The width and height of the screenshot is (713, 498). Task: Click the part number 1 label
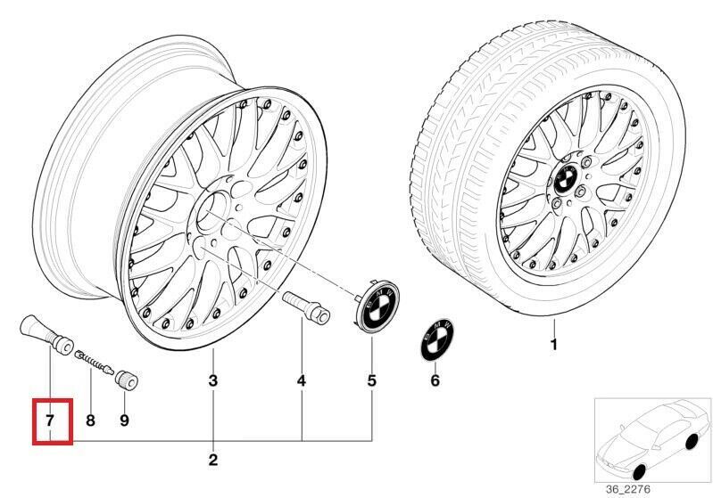(553, 345)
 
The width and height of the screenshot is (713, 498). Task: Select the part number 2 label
(212, 460)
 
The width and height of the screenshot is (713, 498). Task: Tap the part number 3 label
(212, 382)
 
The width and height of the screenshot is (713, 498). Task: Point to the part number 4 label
(302, 382)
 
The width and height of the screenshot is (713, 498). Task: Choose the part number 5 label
(372, 382)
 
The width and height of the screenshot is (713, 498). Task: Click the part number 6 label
(435, 381)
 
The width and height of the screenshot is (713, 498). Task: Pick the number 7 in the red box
(51, 418)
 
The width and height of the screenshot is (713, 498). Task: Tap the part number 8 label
(89, 419)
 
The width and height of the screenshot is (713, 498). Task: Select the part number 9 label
(124, 419)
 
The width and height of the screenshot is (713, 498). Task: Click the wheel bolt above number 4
(304, 306)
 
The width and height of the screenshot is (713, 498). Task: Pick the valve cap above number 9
(127, 382)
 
